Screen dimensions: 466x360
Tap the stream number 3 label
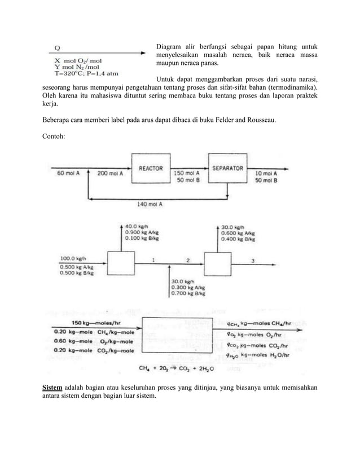pos(252,260)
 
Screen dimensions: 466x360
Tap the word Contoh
pos(54,135)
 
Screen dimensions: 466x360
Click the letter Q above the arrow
pos(58,47)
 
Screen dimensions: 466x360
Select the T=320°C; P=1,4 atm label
pos(86,73)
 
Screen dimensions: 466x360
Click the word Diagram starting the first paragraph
pos(169,46)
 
